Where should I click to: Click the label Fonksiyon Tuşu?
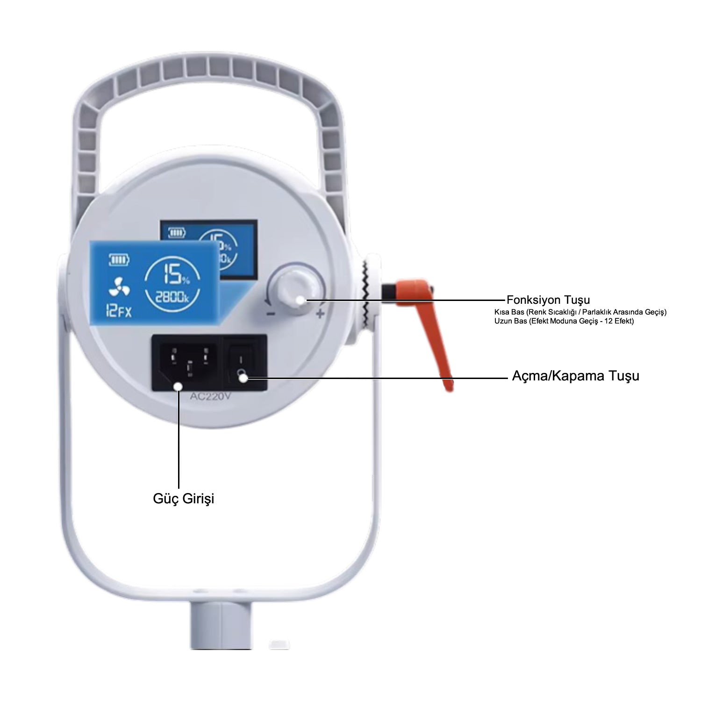[548, 300]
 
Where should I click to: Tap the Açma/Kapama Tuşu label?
[575, 376]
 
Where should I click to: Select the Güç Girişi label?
[184, 498]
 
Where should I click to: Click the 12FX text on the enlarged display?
[118, 311]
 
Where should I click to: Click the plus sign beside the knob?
[320, 314]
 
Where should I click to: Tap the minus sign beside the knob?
[270, 314]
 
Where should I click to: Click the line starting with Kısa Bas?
[580, 312]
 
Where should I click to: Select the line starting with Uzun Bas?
[564, 321]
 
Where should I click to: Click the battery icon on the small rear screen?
[177, 232]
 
